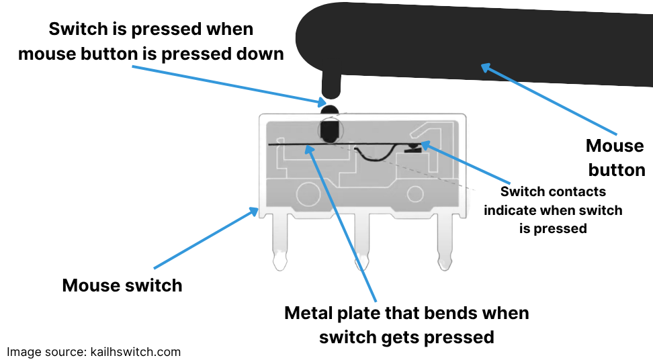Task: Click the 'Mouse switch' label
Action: pos(122,285)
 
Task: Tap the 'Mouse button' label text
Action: pos(616,158)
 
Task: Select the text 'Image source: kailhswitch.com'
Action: pos(93,352)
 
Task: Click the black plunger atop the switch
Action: pos(331,124)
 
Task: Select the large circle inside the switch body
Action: pos(308,194)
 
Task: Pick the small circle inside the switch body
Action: pos(415,194)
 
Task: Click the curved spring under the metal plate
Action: pos(374,158)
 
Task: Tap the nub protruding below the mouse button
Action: pos(331,86)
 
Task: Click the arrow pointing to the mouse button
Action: pos(549,99)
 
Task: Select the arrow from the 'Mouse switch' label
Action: pos(206,238)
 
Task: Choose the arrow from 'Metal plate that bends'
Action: pos(341,223)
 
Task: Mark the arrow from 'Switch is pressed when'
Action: pos(229,85)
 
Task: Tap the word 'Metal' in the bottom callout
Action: pos(308,313)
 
